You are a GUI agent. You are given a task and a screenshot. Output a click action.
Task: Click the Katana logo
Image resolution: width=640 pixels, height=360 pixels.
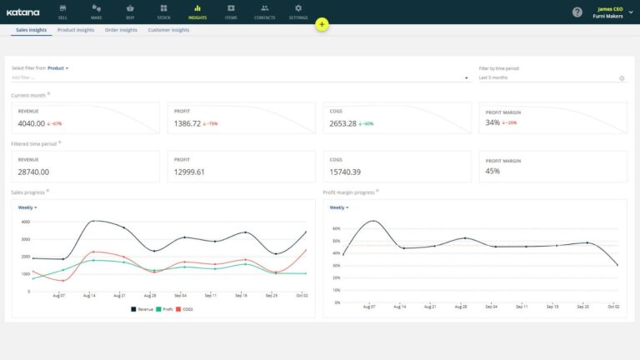23,12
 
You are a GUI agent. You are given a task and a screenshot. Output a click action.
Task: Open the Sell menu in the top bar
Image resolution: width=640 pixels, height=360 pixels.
62,12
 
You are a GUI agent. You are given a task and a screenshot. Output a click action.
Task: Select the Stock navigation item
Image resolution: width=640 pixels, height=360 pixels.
163,12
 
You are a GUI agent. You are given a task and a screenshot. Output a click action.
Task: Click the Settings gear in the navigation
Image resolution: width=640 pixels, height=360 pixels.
297,12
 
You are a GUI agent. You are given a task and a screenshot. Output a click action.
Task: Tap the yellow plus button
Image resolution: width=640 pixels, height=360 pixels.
322,25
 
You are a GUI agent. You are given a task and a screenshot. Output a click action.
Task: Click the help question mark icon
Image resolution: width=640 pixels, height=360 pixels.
577,12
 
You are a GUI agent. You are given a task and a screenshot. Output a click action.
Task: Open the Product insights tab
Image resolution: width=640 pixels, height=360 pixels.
75,30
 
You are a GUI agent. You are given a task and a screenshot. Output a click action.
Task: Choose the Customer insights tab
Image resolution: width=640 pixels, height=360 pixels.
168,30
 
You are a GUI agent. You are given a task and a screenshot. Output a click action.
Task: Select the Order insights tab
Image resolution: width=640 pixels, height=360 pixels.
121,30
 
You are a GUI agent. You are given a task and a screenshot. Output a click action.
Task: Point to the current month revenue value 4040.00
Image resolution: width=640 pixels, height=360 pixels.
32,123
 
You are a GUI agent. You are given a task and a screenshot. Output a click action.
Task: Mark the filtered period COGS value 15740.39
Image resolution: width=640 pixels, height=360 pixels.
345,172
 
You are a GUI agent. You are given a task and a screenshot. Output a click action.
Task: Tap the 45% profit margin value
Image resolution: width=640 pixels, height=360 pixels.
492,172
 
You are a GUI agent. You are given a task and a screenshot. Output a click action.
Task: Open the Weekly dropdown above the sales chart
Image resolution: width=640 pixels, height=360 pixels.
27,207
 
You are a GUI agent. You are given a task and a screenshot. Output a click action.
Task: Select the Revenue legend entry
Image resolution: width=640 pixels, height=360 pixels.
142,308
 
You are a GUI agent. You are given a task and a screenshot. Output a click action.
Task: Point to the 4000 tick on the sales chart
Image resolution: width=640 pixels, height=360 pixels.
25,222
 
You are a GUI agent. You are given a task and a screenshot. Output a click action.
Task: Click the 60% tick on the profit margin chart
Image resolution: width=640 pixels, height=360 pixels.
336,227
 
